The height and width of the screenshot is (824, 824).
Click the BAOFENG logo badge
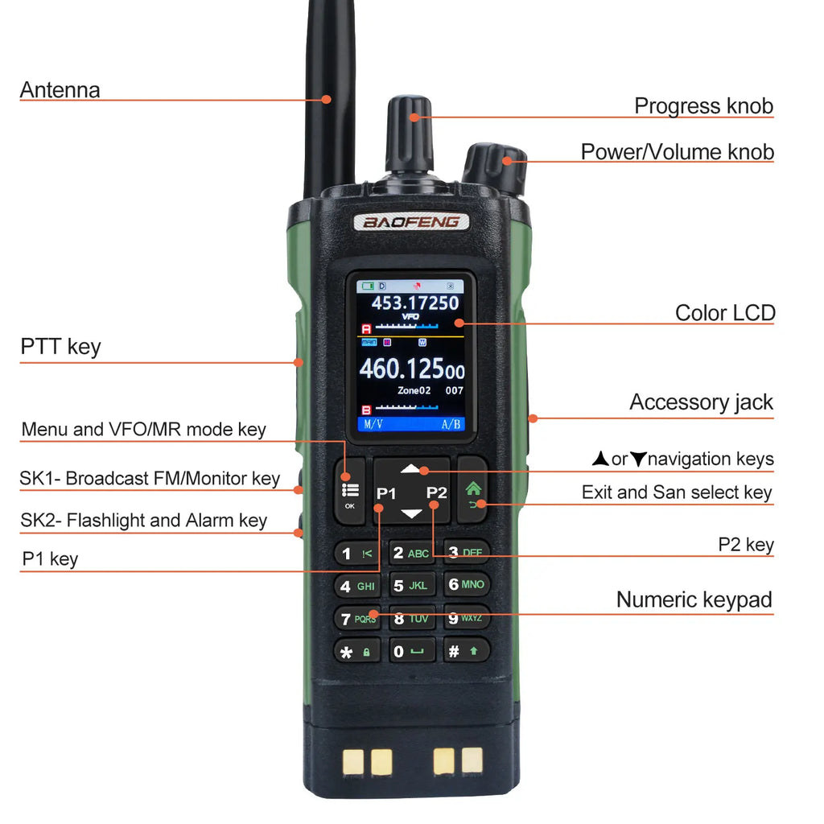(410, 221)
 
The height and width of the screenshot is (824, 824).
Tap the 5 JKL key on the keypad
(411, 586)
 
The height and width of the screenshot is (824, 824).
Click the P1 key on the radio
(387, 492)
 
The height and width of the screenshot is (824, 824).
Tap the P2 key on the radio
(436, 492)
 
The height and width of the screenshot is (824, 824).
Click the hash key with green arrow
(465, 651)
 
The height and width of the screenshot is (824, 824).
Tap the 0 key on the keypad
(411, 651)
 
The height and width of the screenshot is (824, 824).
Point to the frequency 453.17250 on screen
(414, 303)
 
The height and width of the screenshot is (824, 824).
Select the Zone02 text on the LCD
(414, 391)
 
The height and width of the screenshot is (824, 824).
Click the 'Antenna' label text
(60, 90)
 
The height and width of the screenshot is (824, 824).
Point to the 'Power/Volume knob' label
(677, 151)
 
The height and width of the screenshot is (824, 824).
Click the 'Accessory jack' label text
(700, 402)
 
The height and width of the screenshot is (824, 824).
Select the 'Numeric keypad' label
(694, 599)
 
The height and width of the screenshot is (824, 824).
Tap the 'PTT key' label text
(60, 347)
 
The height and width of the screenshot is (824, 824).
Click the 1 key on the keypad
(356, 553)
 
